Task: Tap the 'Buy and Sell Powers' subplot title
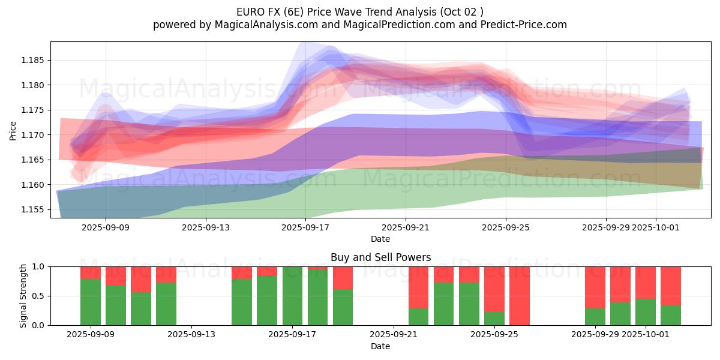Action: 380,257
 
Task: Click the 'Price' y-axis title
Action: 13,130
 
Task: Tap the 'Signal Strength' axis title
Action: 23,296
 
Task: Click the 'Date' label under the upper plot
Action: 380,239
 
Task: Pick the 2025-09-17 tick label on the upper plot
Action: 305,227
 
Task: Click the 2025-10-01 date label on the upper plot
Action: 656,227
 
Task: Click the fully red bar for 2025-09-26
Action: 520,296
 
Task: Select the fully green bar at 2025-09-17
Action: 292,296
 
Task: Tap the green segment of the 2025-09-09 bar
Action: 91,302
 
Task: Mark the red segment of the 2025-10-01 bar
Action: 646,283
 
